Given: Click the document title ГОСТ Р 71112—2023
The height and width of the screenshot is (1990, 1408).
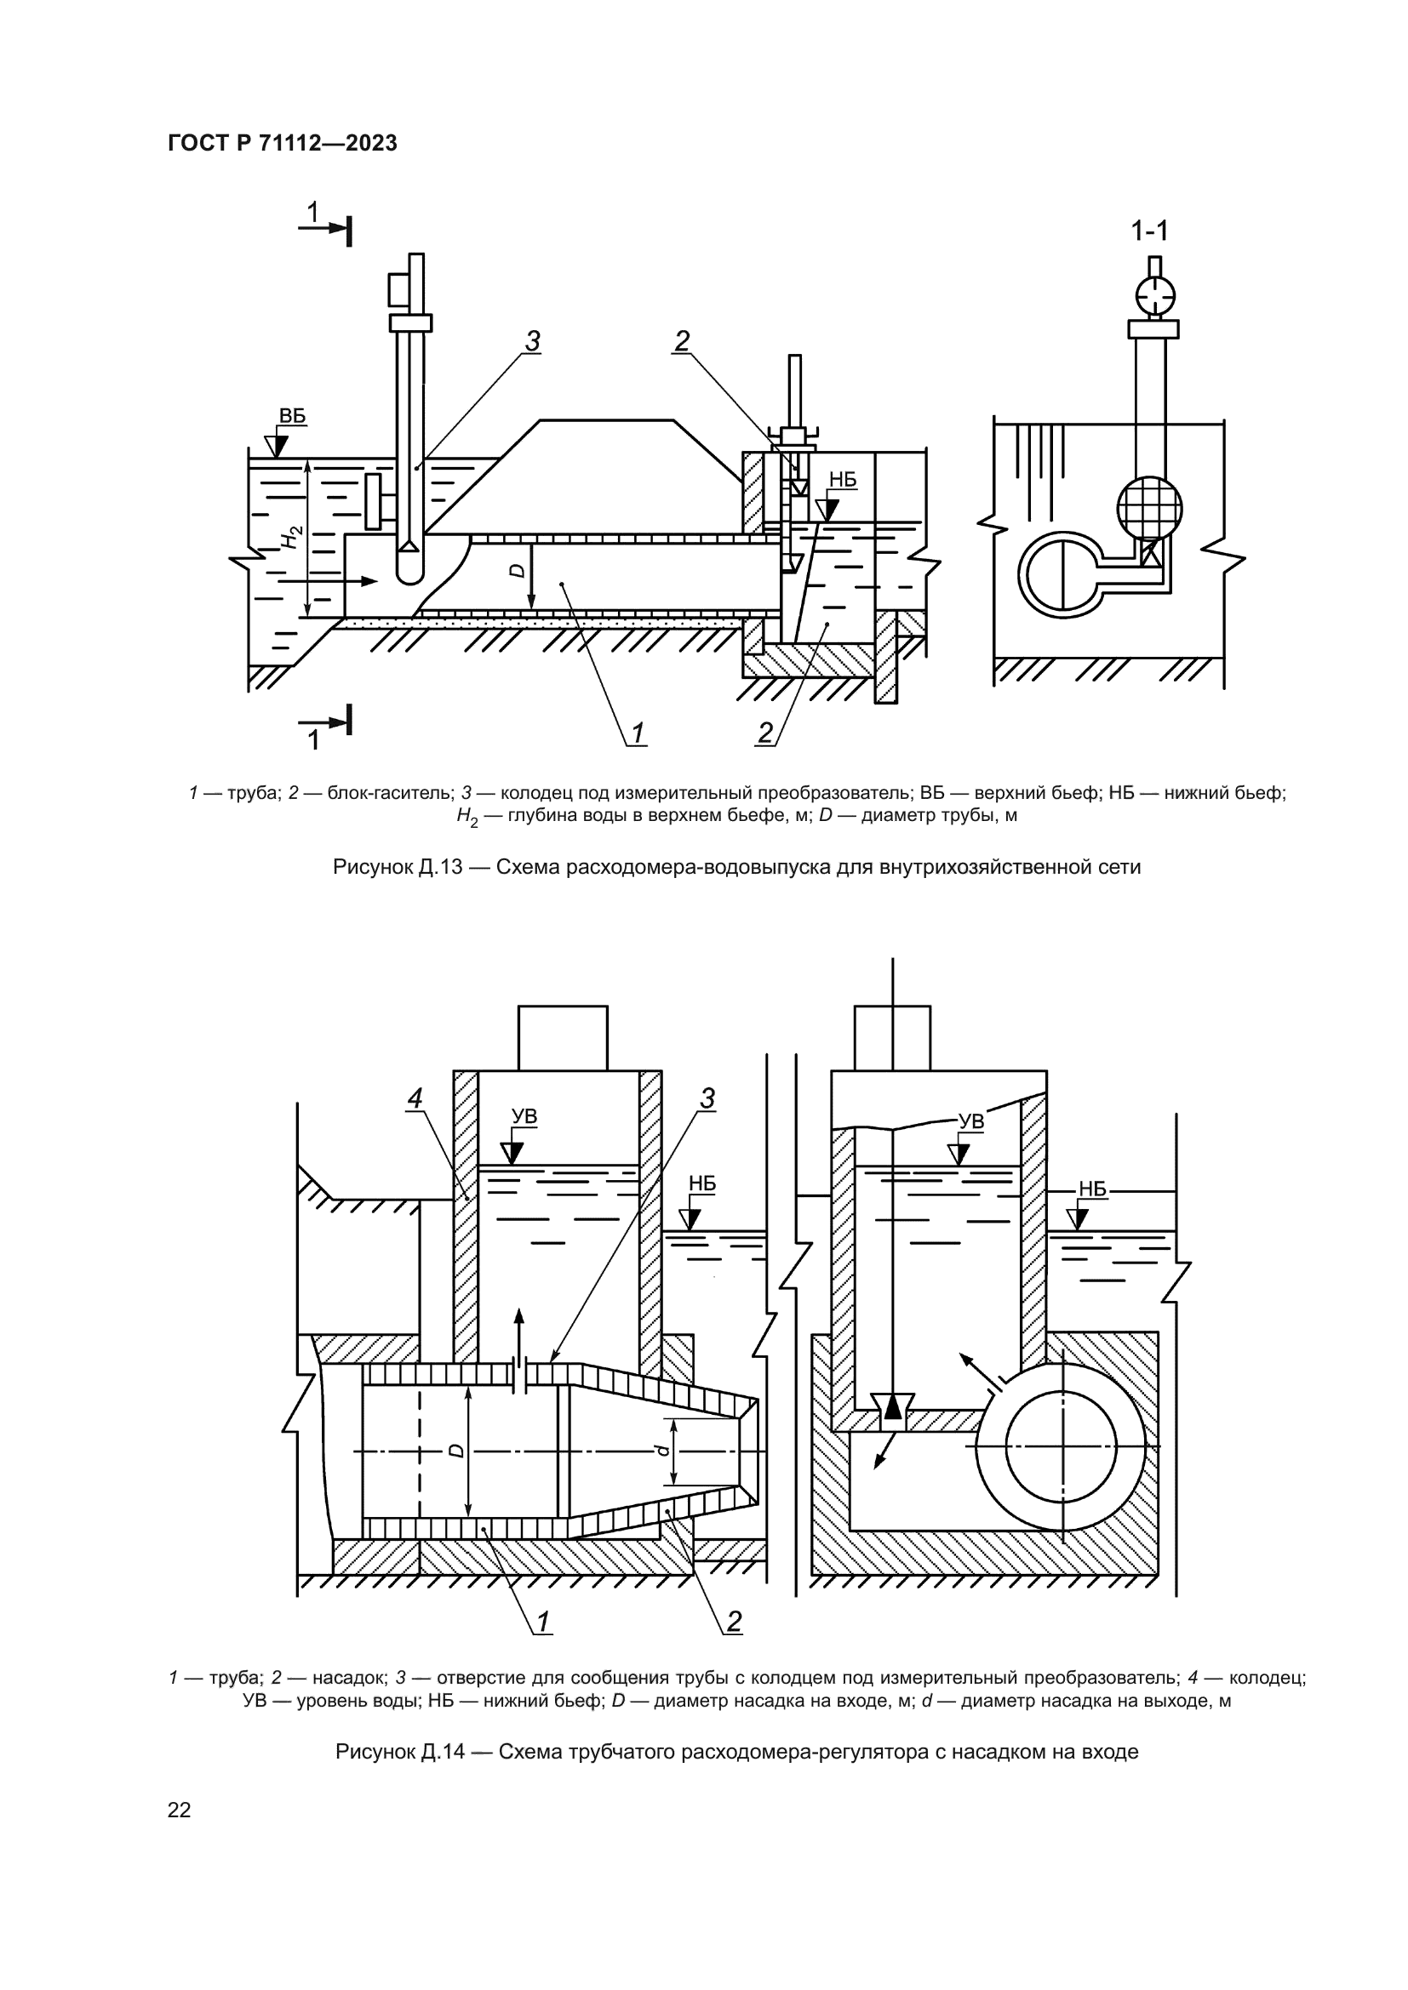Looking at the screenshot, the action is click(283, 144).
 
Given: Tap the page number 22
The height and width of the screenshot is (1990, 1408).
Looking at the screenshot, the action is click(179, 1810).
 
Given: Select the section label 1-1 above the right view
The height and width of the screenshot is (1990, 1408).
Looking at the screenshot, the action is click(1149, 231).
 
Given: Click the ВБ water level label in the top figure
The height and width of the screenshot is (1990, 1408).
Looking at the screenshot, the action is click(292, 416).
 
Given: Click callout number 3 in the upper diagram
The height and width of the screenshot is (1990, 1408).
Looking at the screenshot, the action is click(533, 342).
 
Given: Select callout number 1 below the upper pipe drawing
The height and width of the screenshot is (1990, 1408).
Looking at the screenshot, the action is click(638, 734).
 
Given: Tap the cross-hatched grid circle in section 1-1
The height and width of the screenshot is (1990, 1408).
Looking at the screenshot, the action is click(1148, 508).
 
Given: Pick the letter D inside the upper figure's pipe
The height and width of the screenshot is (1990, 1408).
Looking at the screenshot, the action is click(517, 571).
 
